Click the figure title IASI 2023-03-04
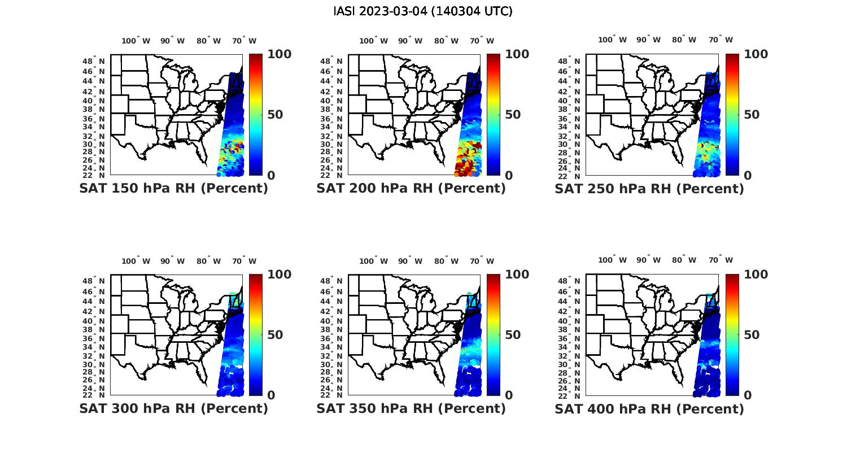tap(423, 11)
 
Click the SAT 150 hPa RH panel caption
tap(173, 188)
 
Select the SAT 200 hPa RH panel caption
tap(411, 188)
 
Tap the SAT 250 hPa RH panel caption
tap(649, 188)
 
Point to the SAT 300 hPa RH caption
tap(173, 408)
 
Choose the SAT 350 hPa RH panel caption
tap(411, 408)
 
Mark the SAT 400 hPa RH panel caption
tap(649, 408)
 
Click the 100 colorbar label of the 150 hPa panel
tap(279, 54)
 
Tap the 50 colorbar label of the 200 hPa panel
tap(513, 115)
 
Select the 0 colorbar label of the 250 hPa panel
tap(748, 176)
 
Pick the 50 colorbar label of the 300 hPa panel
tap(275, 335)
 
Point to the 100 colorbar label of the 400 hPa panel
tap(756, 275)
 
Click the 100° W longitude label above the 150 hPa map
tap(136, 41)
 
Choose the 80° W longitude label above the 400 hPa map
tap(684, 260)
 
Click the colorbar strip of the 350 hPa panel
tap(494, 334)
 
